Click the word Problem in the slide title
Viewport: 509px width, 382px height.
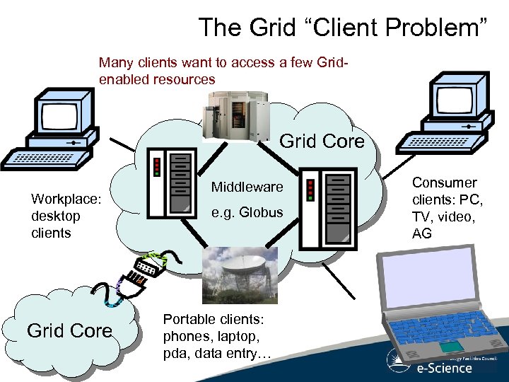pyautogui.click(x=441, y=28)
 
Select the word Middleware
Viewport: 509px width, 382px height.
pyautogui.click(x=247, y=187)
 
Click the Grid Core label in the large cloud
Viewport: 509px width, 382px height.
pyautogui.click(x=322, y=141)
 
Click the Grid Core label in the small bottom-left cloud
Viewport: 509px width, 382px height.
pyautogui.click(x=69, y=331)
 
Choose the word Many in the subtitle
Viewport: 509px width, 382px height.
pyautogui.click(x=115, y=62)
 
